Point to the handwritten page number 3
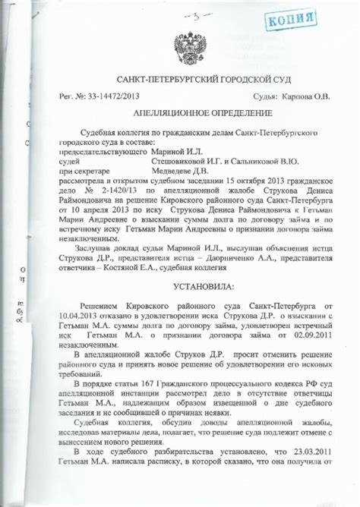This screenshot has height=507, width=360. point(195,15)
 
